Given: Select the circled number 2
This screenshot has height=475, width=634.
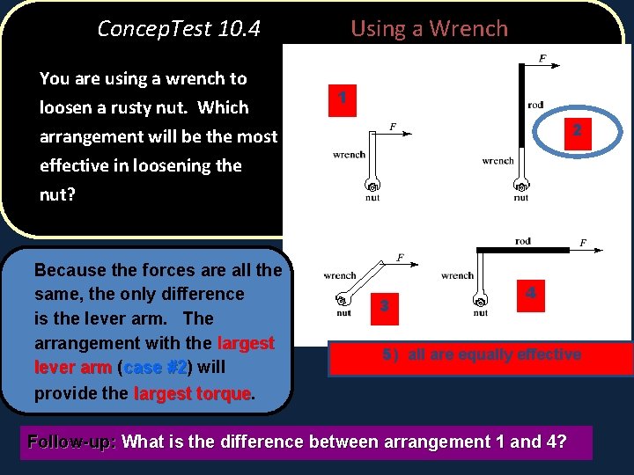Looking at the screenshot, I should pos(576,130).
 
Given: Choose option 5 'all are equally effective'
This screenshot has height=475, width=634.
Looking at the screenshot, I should pos(481,354).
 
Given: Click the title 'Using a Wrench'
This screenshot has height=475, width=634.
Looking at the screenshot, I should pos(429,28).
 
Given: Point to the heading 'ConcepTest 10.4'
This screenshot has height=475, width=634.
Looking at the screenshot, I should pos(179,28).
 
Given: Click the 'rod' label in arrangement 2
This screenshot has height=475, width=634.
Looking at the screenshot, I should pos(535,105).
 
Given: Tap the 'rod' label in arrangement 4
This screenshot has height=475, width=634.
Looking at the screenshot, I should pos(522,240).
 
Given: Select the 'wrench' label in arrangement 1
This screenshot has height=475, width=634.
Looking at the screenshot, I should pos(349,155).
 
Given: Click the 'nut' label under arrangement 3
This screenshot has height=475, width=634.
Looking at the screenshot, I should pos(343,313).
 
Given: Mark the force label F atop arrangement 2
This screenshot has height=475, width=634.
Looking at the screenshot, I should pos(542,58).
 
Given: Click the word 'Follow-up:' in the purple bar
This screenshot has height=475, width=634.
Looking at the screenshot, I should pos(73,442).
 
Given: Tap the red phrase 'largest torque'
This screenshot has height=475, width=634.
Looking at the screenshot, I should pos(192,393).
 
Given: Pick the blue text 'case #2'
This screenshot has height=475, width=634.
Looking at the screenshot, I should pos(154,368).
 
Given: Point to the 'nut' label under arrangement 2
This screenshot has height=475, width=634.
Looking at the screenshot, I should pos(520,198).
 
